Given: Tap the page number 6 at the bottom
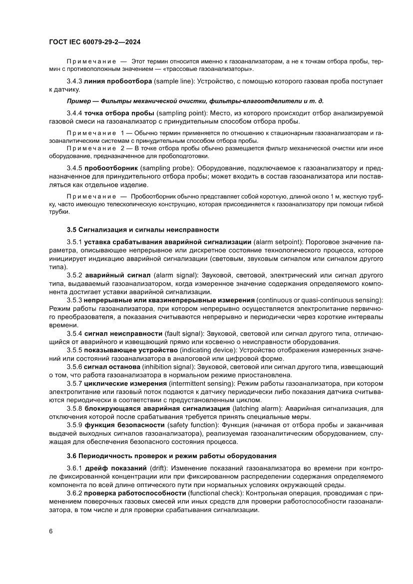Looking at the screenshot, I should pos(51,531).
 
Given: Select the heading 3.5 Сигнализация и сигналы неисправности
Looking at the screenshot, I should pos(142,230).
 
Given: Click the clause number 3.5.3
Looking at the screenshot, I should pos(74,300).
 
